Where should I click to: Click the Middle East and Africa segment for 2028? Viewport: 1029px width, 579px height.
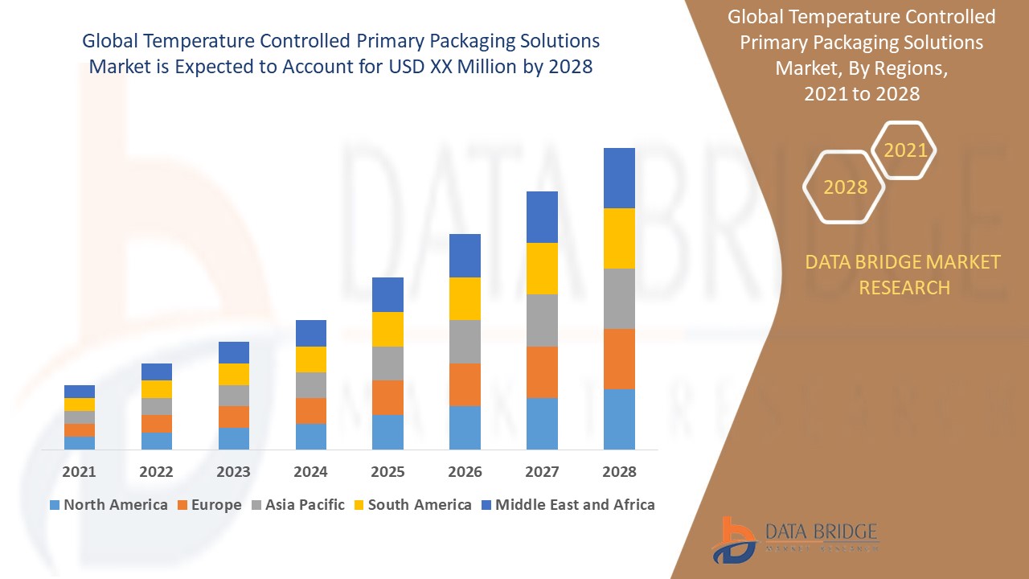click(619, 178)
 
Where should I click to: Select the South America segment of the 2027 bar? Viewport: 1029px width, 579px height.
click(542, 269)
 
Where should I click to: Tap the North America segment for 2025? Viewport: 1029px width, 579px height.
click(387, 432)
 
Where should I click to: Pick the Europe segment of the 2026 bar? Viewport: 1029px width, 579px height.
click(465, 384)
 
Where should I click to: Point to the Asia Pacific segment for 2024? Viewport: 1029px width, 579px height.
click(311, 385)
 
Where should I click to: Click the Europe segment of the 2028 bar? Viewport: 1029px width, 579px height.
click(619, 359)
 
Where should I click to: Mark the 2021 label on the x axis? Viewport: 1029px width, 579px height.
click(79, 472)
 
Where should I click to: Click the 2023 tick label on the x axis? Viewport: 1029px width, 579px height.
click(233, 472)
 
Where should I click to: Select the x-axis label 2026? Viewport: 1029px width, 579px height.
click(465, 472)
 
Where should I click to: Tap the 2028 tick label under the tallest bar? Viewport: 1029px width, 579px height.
click(619, 472)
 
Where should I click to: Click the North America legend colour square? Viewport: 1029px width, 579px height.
click(55, 505)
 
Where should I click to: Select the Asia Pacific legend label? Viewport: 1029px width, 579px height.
click(305, 505)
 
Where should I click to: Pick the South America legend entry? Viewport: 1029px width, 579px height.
click(420, 505)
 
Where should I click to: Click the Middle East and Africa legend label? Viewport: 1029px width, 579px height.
click(575, 505)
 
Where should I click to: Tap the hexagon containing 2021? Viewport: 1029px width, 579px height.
click(905, 150)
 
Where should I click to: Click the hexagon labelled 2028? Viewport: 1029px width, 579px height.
click(845, 187)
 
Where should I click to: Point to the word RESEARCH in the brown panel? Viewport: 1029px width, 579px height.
click(904, 287)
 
